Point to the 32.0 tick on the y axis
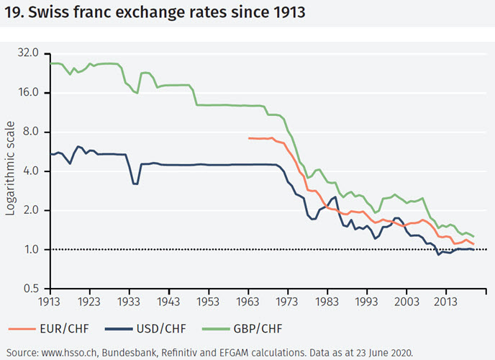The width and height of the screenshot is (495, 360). tap(36, 54)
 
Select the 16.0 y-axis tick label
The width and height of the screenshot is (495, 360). tap(36, 93)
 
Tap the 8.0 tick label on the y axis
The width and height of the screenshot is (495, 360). tap(39, 132)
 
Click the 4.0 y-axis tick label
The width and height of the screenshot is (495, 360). tap(39, 171)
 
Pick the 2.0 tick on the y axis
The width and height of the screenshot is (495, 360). tap(39, 211)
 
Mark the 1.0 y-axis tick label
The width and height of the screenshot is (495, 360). tap(39, 250)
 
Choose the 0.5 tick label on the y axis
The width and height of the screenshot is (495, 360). tap(39, 289)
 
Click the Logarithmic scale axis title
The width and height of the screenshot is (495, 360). tap(10, 171)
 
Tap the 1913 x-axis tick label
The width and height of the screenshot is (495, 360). tap(50, 301)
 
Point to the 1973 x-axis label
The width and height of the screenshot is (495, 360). tap(287, 301)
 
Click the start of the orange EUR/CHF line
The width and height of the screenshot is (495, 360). tap(248, 138)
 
